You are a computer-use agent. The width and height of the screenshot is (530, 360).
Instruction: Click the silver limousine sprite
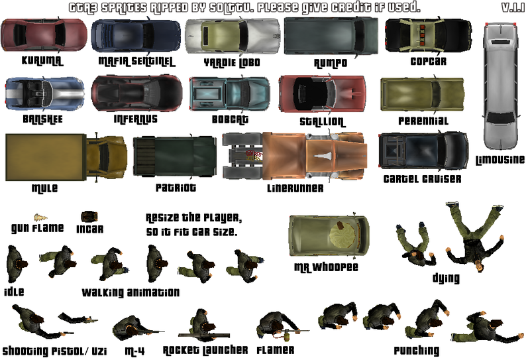click(x=500, y=86)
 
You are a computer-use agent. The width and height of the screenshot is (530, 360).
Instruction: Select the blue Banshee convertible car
click(x=44, y=93)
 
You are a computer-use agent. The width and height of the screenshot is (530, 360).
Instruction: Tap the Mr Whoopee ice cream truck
click(x=329, y=235)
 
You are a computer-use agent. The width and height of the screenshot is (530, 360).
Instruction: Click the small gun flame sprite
click(x=40, y=217)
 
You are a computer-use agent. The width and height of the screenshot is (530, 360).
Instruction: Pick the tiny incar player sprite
click(x=89, y=217)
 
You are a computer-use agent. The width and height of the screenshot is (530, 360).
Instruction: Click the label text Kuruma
click(x=42, y=61)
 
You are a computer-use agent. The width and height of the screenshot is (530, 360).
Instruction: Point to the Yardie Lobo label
click(x=232, y=62)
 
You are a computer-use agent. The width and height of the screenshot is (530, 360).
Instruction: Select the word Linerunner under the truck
click(x=295, y=188)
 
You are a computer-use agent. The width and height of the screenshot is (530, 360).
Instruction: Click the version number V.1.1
click(x=513, y=7)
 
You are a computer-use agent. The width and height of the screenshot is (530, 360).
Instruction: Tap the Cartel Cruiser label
click(x=422, y=179)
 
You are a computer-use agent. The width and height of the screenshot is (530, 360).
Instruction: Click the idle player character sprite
click(x=16, y=264)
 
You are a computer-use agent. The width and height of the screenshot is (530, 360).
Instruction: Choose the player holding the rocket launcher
click(x=201, y=326)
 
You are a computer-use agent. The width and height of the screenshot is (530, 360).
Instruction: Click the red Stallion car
click(x=322, y=93)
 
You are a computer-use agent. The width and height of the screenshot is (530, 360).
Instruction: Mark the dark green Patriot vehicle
click(x=174, y=156)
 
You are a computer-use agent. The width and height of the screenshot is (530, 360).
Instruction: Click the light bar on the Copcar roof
click(x=422, y=35)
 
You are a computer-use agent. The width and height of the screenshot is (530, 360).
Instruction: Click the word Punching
click(x=417, y=351)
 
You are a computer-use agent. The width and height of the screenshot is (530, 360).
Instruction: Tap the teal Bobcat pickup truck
click(x=229, y=93)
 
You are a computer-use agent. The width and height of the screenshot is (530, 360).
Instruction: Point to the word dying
click(x=446, y=278)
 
